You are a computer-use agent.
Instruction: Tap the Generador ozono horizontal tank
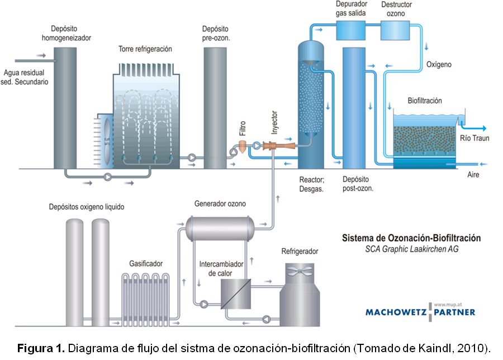tap(220, 226)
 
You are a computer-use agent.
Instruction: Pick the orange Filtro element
tap(243, 146)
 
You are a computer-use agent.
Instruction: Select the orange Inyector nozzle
tap(274, 146)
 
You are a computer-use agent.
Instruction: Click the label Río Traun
tap(473, 138)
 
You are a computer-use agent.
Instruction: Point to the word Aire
tap(473, 174)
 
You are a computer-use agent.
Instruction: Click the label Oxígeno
tap(439, 65)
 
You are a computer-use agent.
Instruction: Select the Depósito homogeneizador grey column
tap(66, 106)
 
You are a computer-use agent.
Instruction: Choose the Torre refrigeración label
tap(145, 49)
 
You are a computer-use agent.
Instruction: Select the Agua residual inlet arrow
tap(40, 56)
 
